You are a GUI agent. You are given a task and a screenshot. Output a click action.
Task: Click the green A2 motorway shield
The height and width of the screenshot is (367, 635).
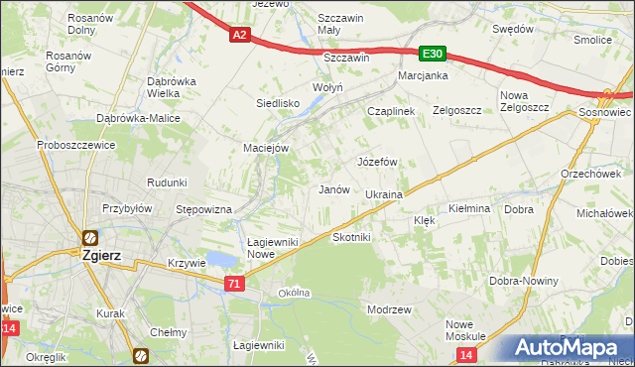(x=239, y=35)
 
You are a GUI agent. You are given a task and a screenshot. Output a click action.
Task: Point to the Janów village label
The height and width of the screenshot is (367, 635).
(x=332, y=189)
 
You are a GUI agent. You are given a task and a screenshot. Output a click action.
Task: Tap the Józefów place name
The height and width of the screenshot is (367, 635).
(x=377, y=161)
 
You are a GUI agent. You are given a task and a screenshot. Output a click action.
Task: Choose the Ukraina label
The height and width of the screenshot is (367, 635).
(x=384, y=194)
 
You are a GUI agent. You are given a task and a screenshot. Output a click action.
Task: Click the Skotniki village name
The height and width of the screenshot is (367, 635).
(x=351, y=238)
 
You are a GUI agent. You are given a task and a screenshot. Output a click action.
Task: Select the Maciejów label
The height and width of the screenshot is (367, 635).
(x=265, y=148)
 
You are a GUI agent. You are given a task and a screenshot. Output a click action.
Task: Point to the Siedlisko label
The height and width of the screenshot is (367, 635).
(x=278, y=102)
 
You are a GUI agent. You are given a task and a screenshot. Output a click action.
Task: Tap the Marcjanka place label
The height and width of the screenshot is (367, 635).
(x=424, y=75)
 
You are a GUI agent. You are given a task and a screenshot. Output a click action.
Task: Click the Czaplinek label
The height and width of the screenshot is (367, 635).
(x=390, y=111)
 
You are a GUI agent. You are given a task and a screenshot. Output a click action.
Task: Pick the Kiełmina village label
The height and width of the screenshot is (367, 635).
(x=470, y=209)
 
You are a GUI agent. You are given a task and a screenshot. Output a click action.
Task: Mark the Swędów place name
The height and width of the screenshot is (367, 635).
(x=513, y=29)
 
